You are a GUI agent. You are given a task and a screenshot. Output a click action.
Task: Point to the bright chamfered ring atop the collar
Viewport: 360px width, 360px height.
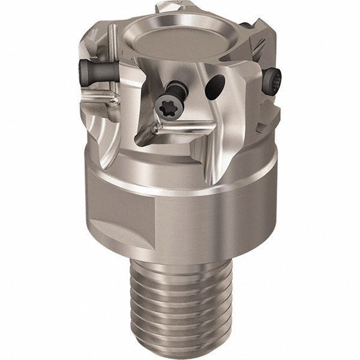180,180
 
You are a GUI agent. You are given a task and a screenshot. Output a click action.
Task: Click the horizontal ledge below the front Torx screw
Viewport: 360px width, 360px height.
180,127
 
